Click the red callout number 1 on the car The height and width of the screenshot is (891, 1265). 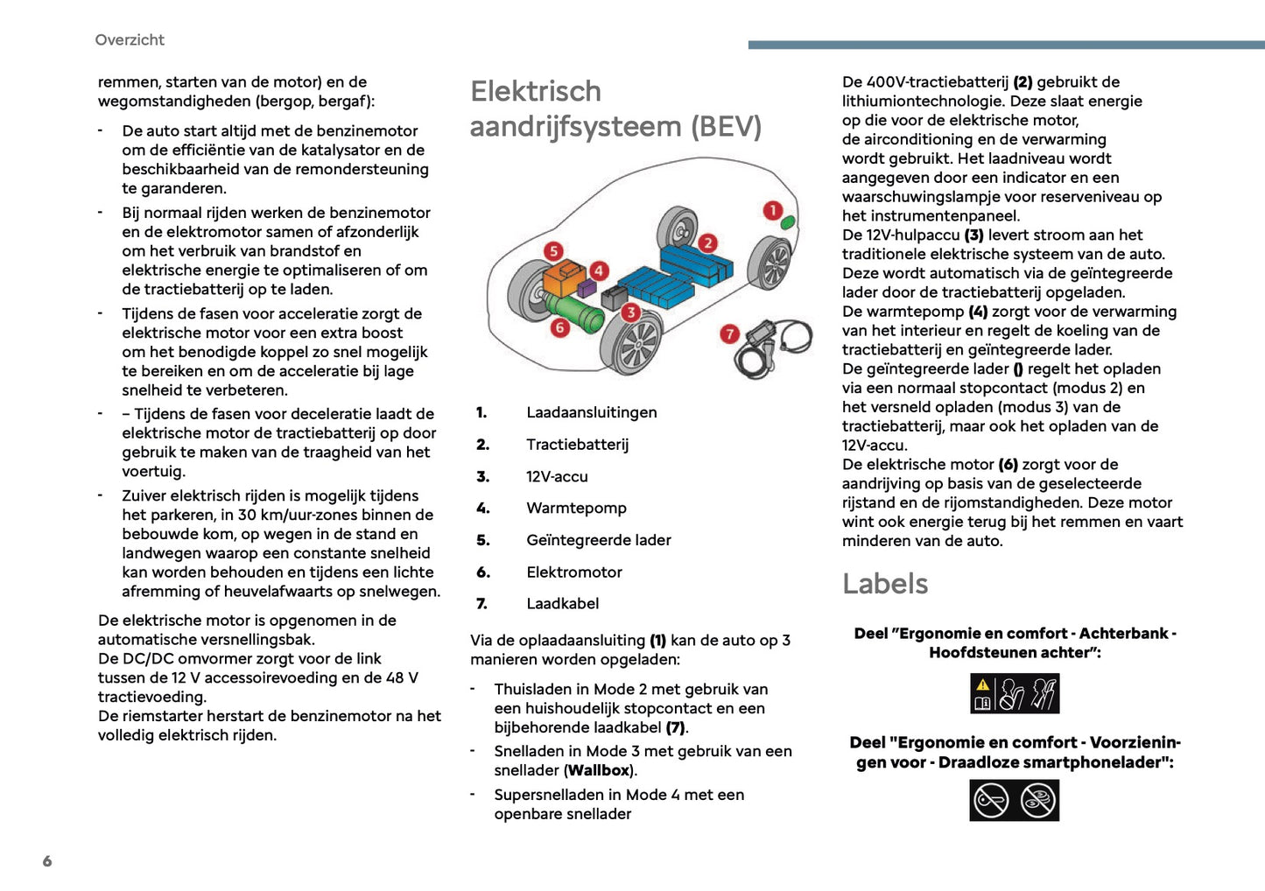click(x=772, y=210)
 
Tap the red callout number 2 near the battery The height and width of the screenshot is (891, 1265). click(x=707, y=242)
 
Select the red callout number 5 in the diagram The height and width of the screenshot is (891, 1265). click(x=553, y=251)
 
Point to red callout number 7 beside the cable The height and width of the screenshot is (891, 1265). click(x=729, y=333)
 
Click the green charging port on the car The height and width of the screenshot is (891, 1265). click(x=788, y=221)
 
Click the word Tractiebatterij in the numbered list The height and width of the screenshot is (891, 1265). click(x=577, y=445)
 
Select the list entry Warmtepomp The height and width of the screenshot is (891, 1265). click(x=576, y=509)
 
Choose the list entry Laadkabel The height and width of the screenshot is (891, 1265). click(x=562, y=604)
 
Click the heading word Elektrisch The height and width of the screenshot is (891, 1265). click(x=536, y=92)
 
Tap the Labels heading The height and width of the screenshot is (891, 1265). click(x=885, y=584)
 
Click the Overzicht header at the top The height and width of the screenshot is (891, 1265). click(x=130, y=40)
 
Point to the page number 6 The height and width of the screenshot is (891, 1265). click(x=47, y=861)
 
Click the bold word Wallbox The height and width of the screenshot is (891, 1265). click(x=599, y=771)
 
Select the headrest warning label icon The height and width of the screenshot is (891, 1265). click(x=1015, y=694)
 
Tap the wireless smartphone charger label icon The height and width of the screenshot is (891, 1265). click(x=1015, y=800)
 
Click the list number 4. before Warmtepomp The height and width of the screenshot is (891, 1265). click(x=482, y=509)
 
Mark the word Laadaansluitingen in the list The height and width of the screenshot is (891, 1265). click(x=591, y=413)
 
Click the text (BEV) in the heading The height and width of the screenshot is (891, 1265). click(x=726, y=127)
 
